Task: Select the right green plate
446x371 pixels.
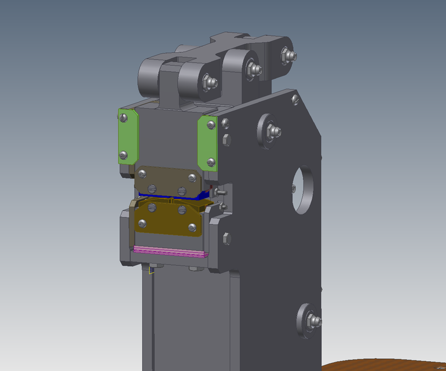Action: click(207, 143)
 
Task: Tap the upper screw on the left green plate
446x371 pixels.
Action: click(123, 118)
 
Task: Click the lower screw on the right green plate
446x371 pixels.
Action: click(211, 162)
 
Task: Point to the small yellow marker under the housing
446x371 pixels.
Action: click(152, 270)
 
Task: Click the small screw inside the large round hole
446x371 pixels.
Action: click(294, 187)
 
